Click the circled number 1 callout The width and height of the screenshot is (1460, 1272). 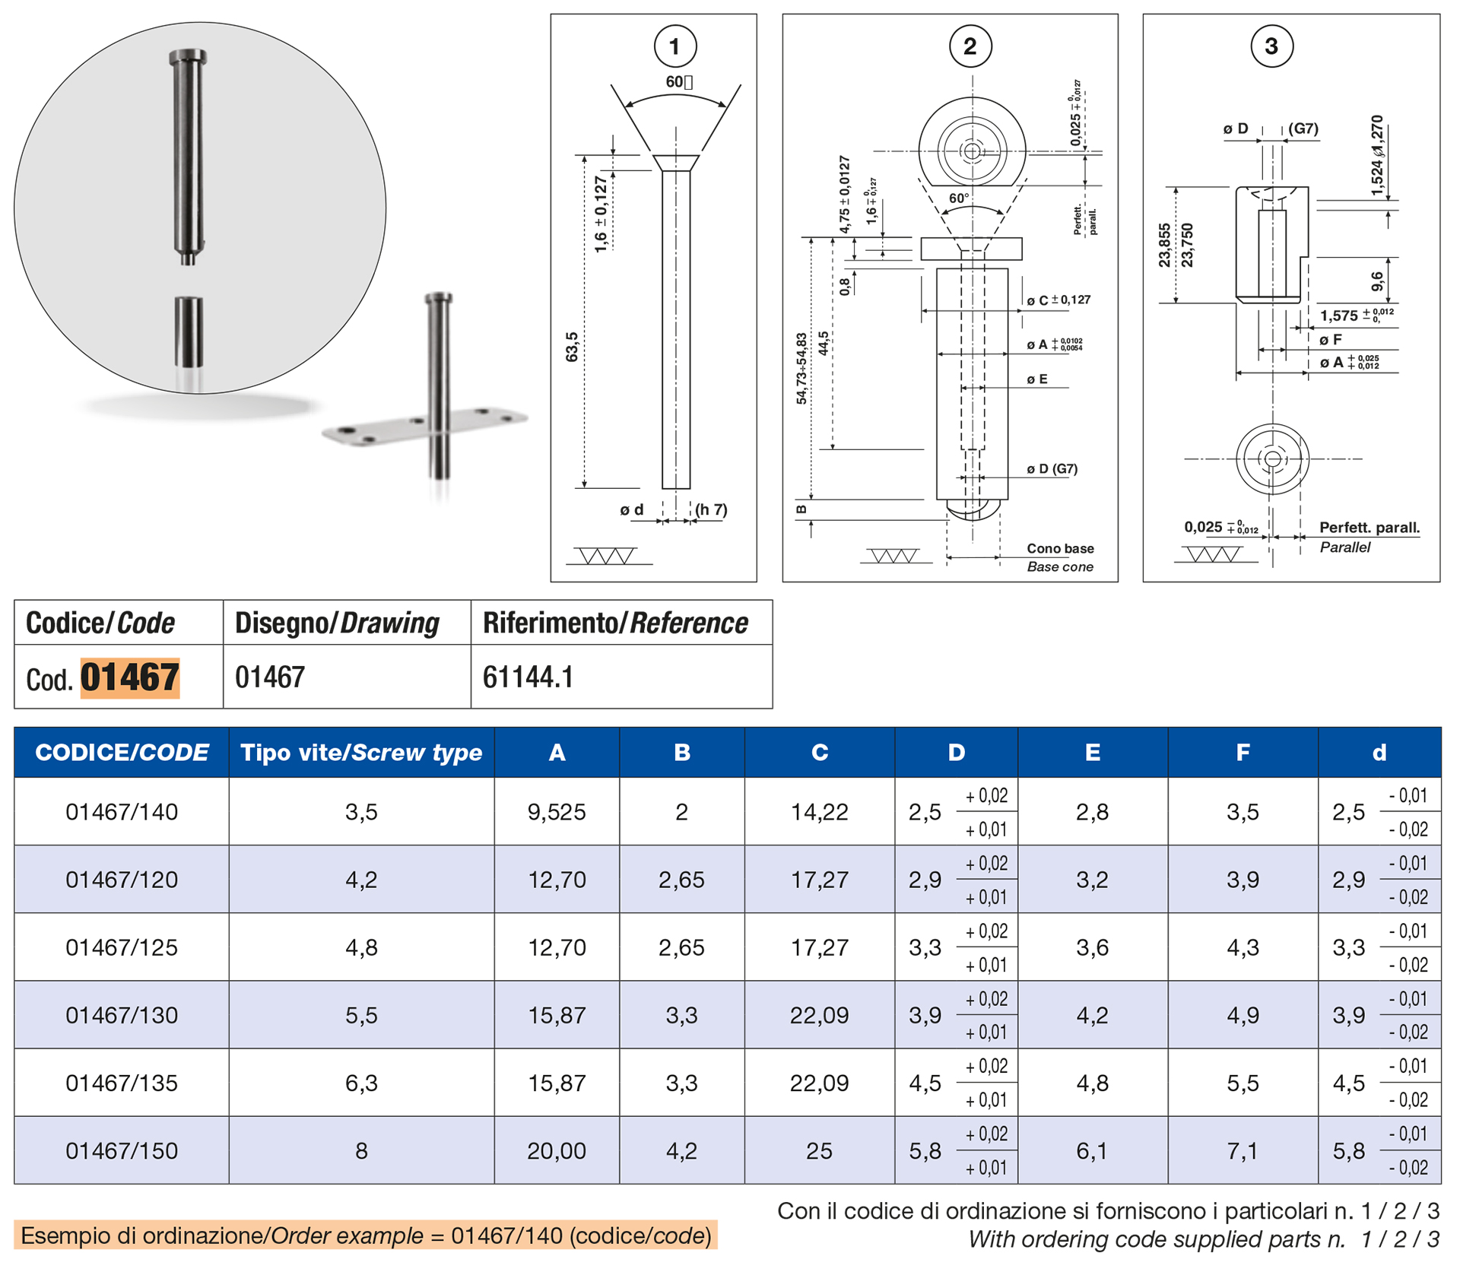coord(675,46)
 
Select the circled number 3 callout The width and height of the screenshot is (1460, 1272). coord(1271,46)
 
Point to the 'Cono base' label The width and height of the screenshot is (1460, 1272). coord(1060,548)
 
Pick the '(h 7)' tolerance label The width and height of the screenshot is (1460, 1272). coord(711,509)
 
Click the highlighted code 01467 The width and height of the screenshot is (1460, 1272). coord(130,677)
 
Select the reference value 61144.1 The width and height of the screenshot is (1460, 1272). coord(528,677)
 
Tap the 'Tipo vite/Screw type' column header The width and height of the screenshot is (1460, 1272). coord(361,752)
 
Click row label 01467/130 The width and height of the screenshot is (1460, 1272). coord(122,1015)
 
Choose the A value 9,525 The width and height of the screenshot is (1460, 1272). coord(557,811)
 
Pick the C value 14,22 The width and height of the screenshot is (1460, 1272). coord(819,811)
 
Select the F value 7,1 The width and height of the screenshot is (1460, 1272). coord(1243,1150)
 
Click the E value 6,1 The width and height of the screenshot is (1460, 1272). coord(1092,1150)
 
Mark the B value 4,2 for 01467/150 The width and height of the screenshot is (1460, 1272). coord(681,1150)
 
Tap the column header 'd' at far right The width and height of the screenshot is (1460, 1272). coord(1379,752)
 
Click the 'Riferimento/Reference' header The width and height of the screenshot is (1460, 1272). coord(615,623)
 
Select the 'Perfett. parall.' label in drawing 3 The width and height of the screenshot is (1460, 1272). coord(1369,527)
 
